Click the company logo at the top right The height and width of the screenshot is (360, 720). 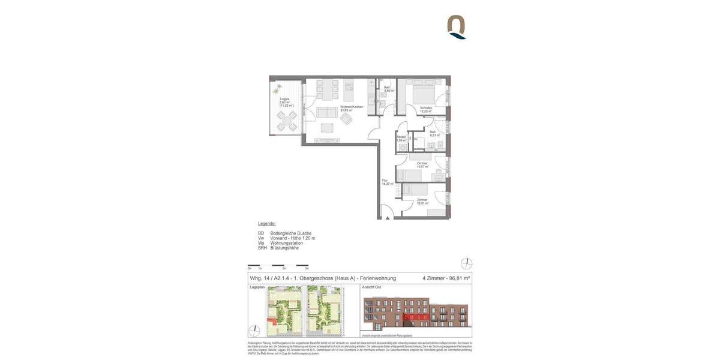click(x=457, y=27)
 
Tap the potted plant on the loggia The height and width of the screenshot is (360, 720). click(x=277, y=89)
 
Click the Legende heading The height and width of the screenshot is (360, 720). click(x=267, y=224)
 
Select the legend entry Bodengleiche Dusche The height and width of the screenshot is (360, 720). click(x=291, y=233)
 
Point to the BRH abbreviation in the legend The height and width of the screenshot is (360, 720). click(x=262, y=248)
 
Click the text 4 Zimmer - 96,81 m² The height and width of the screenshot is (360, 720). click(x=446, y=278)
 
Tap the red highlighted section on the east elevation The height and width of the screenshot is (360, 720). click(x=415, y=317)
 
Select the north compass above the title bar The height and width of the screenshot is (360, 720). click(x=466, y=264)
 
